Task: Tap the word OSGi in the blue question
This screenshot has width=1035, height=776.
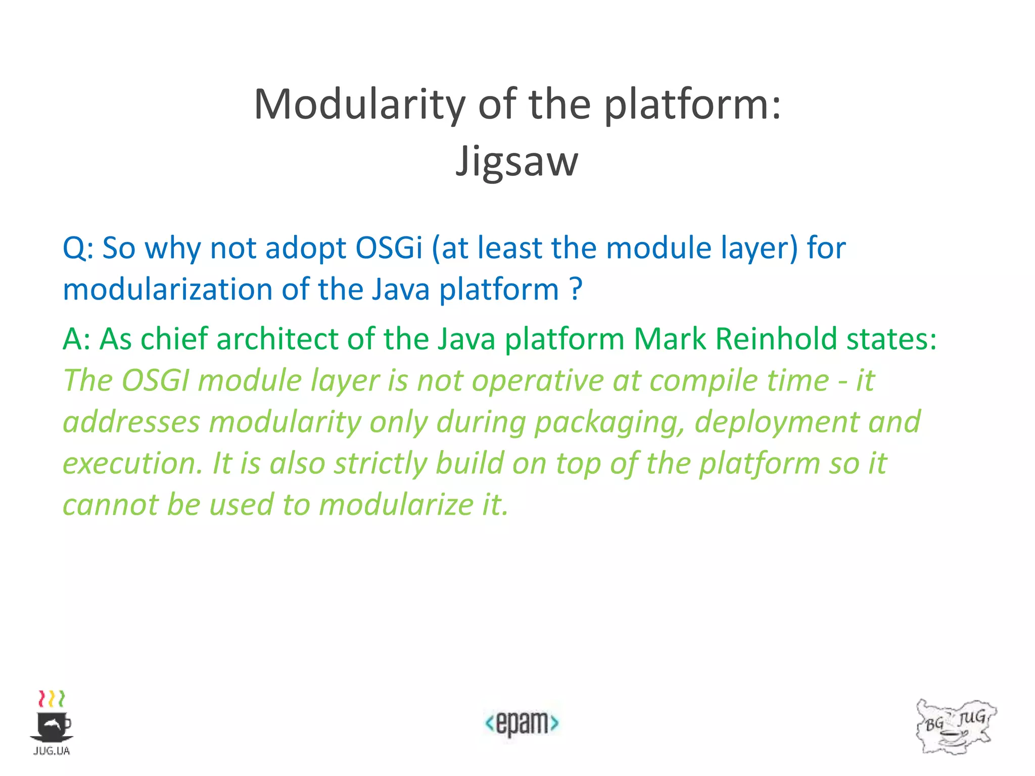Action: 389,248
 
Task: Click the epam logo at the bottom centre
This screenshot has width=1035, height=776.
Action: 522,723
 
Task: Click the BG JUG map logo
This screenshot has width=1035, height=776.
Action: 955,726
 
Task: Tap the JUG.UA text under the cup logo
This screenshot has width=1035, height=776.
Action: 52,751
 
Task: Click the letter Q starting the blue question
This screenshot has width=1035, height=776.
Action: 74,249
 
